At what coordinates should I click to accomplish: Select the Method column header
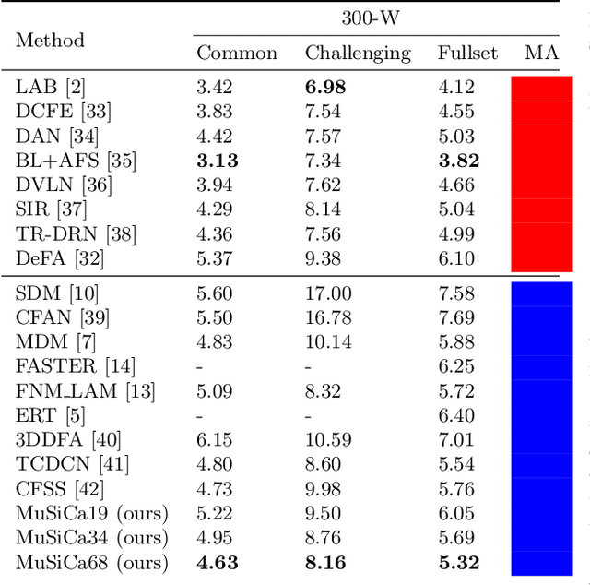click(50, 40)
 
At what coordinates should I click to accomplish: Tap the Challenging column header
click(358, 53)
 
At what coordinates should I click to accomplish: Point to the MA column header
click(541, 53)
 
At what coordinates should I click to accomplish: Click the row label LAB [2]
click(51, 88)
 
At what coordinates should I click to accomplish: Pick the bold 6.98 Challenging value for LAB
click(324, 88)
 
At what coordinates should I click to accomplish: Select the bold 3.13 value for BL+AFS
click(218, 161)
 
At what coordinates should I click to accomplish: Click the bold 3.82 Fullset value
click(458, 161)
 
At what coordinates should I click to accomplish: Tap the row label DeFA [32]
click(58, 258)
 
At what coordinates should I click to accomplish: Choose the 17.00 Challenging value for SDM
click(328, 293)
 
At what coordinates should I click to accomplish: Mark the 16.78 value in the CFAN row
click(328, 317)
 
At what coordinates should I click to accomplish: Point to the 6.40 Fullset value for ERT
click(456, 415)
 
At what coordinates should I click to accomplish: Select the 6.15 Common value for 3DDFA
click(215, 440)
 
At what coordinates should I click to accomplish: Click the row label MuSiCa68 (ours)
click(92, 562)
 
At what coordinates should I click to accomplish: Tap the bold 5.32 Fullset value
click(458, 562)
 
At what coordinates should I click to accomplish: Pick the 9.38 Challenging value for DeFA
click(324, 258)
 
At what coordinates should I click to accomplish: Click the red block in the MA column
click(541, 173)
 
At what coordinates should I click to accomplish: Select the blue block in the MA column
click(541, 428)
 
